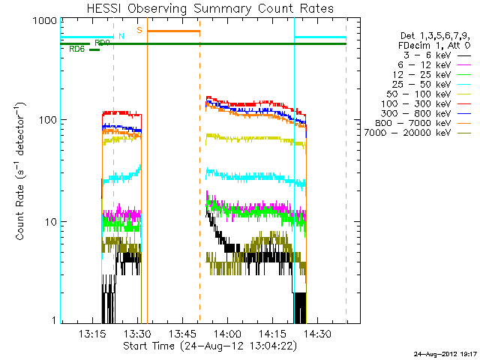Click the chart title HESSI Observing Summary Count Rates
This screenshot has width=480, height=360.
[210, 8]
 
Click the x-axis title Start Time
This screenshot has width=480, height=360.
[210, 346]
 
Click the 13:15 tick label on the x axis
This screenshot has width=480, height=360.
[92, 334]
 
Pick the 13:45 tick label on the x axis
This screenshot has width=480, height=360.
[182, 334]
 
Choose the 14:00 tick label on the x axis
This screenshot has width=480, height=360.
[227, 334]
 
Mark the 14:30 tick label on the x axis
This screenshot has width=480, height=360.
[318, 334]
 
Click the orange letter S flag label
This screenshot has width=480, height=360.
[139, 30]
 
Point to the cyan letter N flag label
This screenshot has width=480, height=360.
[121, 35]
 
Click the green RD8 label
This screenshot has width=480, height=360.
[76, 49]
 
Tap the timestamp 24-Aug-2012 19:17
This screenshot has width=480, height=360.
[443, 353]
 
